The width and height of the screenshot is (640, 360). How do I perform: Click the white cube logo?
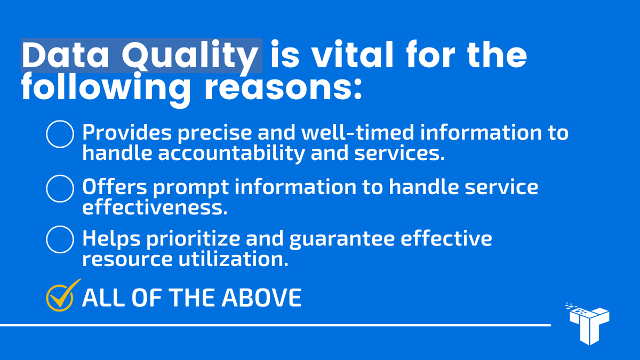589,323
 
